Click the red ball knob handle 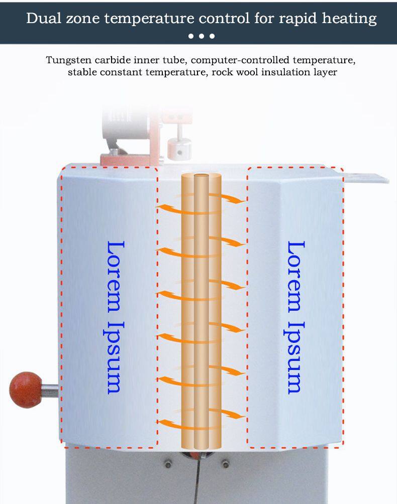[26, 390]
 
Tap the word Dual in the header [44, 18]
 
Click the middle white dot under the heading [202, 36]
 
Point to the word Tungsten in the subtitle [68, 60]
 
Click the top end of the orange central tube [202, 176]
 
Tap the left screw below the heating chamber [168, 464]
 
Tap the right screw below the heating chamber [226, 464]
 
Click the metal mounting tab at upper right [366, 177]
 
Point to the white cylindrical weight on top [179, 149]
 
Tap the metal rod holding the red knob [50, 390]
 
